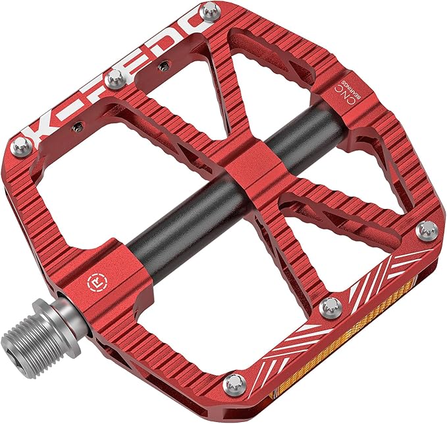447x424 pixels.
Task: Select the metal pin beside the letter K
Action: point(22,146)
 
